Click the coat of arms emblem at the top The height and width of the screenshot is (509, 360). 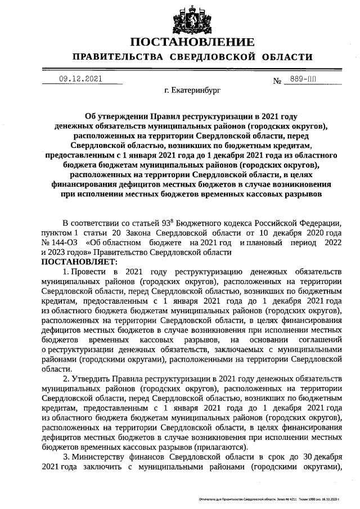(192, 20)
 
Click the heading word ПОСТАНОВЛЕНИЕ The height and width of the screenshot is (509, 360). (192, 42)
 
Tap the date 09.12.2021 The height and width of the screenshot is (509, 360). (80, 79)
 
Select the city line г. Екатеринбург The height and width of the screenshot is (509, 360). (192, 89)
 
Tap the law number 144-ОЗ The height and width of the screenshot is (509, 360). (63, 243)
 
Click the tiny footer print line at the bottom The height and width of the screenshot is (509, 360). (269, 499)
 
